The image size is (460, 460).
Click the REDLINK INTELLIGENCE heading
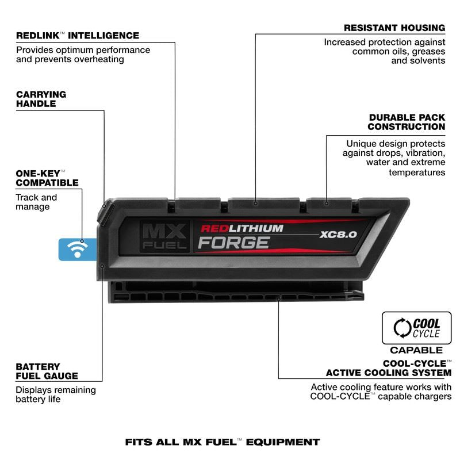[x=77, y=36]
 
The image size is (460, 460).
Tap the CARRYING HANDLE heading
[x=41, y=99]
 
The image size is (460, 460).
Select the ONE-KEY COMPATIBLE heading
[x=47, y=178]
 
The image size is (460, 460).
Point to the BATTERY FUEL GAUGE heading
[x=47, y=371]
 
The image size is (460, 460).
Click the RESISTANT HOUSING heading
[x=394, y=28]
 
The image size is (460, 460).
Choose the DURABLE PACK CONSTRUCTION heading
[x=407, y=122]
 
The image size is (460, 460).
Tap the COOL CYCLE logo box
[x=416, y=328]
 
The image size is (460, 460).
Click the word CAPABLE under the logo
[x=416, y=350]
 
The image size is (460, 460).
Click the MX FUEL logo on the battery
[x=164, y=237]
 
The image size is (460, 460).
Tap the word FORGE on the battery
[x=233, y=243]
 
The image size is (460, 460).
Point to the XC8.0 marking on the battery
[x=338, y=235]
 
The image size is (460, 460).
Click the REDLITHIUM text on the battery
[x=241, y=228]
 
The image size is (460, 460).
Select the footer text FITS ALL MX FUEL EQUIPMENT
[x=222, y=442]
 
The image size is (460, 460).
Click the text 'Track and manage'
[x=36, y=202]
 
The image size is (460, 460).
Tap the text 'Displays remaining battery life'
[x=55, y=394]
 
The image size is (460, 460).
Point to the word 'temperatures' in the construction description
[x=417, y=172]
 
